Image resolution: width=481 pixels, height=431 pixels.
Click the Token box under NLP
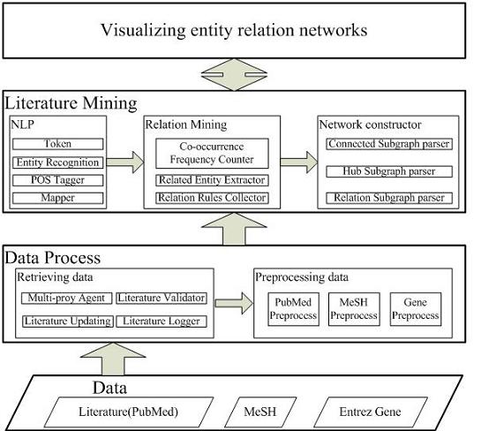pyautogui.click(x=57, y=144)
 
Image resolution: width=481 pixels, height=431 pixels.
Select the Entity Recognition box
pyautogui.click(x=57, y=163)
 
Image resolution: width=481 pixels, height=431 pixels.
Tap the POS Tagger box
pyautogui.click(x=57, y=180)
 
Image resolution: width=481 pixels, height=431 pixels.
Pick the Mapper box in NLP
pyautogui.click(x=57, y=198)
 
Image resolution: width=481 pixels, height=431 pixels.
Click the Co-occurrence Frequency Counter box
pyautogui.click(x=212, y=153)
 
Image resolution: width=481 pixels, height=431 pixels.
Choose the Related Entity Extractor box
pyautogui.click(x=212, y=180)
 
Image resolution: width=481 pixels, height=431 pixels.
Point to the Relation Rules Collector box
pyautogui.click(x=212, y=198)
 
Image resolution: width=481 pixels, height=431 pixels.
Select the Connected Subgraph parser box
pyautogui.click(x=389, y=144)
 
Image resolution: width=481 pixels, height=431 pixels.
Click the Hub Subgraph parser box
pyautogui.click(x=389, y=171)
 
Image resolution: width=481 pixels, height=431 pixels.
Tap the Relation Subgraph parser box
pyautogui.click(x=389, y=198)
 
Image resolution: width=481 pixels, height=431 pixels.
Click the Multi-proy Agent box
pyautogui.click(x=66, y=298)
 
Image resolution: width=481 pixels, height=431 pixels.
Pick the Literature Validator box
pyautogui.click(x=162, y=298)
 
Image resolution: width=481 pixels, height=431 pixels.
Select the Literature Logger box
pyautogui.click(x=162, y=321)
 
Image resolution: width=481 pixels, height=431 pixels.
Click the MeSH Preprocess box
pyautogui.click(x=354, y=309)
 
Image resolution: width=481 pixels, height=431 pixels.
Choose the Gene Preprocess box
pyautogui.click(x=416, y=309)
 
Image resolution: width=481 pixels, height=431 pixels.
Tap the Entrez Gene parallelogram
pyautogui.click(x=371, y=412)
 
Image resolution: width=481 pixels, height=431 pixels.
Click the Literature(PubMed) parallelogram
pyautogui.click(x=129, y=412)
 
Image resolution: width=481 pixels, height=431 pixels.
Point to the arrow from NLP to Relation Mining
pyautogui.click(x=124, y=163)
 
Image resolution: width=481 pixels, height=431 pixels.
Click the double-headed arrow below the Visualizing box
pyautogui.click(x=234, y=74)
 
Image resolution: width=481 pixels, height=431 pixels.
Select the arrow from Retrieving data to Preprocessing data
pyautogui.click(x=234, y=303)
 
